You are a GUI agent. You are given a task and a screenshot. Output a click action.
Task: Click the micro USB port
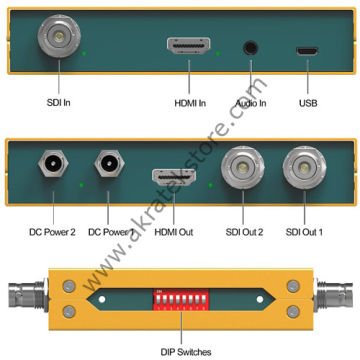point(311,49)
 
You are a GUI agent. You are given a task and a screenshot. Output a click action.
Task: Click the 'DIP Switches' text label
point(181,348)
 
